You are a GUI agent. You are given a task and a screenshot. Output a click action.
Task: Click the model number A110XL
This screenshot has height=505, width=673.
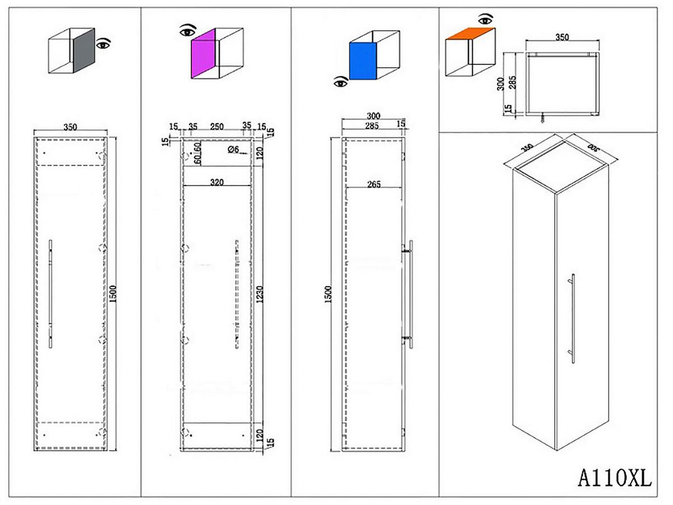pos(615,479)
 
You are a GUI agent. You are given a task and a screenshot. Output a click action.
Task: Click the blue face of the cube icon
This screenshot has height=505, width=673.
pos(361,61)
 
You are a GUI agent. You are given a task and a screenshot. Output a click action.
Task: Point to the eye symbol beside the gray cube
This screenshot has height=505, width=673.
pos(103,43)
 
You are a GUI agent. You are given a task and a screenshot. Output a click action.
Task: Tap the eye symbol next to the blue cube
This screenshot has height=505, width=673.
pos(340,83)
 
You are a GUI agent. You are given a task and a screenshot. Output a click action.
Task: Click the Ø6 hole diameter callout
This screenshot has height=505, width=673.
pos(234,149)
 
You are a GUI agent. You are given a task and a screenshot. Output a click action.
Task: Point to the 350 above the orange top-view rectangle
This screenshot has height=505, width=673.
pos(562,38)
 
